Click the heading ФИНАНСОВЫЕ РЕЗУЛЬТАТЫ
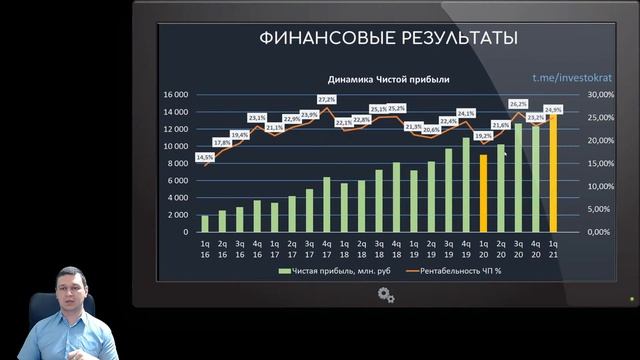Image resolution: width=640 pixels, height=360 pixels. coord(388,39)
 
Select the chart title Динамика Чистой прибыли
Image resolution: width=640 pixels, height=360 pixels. coord(389,79)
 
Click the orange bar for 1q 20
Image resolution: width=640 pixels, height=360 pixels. coord(483,192)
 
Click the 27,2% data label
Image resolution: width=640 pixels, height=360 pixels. coord(327,99)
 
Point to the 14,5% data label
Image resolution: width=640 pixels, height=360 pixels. coord(204,157)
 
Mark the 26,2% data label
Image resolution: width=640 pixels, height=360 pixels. coord(518,104)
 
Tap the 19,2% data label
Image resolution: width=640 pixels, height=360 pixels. coord(483,135)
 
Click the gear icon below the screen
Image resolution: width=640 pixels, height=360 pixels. coord(387,295)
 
